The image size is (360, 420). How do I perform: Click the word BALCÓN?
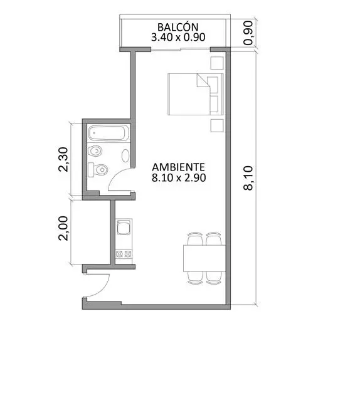177,27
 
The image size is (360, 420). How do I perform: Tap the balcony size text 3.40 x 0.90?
178,37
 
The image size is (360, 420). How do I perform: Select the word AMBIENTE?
178,167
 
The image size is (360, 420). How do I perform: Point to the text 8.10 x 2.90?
179,177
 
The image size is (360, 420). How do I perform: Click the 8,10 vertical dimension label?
248,178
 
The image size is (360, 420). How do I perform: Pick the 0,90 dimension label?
248,33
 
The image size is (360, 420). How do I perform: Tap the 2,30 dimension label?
63,159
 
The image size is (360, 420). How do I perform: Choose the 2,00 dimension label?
63,228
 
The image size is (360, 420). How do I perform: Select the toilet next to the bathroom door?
98,169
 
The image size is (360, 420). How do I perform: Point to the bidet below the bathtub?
95,151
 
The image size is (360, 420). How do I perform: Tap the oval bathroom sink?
125,155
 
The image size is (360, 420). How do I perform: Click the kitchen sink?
124,227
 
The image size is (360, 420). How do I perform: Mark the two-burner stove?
124,253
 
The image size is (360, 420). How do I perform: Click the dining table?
204,258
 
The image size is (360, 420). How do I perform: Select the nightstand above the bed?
217,63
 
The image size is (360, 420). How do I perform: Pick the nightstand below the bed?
217,125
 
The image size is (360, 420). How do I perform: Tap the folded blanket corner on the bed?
203,80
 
